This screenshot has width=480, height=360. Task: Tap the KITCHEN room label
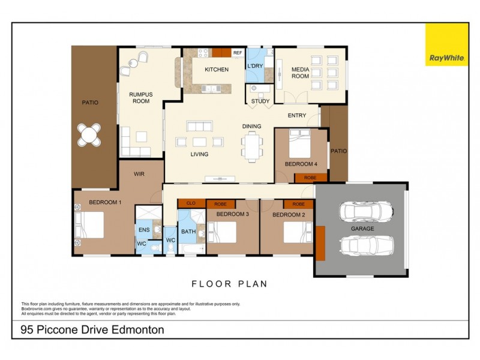(x=217, y=70)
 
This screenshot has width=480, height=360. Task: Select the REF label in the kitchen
(x=238, y=53)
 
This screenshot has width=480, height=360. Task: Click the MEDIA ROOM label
(x=300, y=73)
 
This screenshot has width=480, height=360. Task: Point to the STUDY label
(x=260, y=101)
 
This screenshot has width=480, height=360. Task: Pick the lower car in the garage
(x=366, y=247)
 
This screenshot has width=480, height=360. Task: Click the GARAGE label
(x=363, y=229)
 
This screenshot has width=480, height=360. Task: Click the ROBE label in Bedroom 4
(x=310, y=178)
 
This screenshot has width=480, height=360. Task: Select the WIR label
(x=139, y=173)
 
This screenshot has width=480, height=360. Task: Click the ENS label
(x=144, y=229)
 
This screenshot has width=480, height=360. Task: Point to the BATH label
(x=188, y=231)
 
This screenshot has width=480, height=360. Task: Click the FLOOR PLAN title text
(x=229, y=284)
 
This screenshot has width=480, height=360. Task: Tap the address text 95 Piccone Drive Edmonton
(x=92, y=329)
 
